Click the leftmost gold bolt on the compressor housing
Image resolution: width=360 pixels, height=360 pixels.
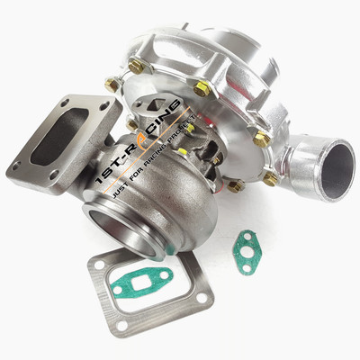click(x=112, y=84)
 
